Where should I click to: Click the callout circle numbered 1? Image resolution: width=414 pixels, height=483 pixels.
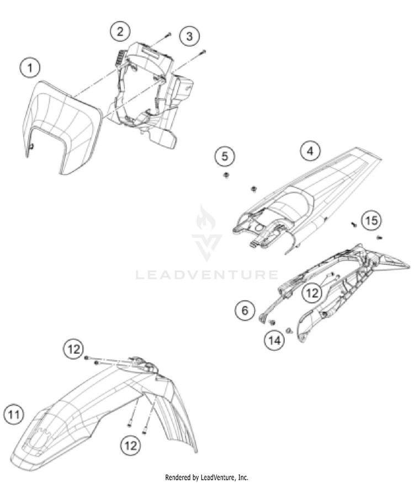tap(30, 67)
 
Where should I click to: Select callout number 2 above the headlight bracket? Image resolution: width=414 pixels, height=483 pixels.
tap(120, 31)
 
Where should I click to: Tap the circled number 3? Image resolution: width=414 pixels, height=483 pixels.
tap(189, 36)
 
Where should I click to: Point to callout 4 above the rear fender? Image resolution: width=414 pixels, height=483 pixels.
tap(310, 151)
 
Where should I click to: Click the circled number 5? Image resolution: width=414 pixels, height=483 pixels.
tap(225, 156)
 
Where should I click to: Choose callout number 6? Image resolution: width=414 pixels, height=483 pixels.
tap(245, 310)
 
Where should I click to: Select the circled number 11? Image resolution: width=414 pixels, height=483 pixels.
tap(14, 415)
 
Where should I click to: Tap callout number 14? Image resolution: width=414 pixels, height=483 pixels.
tap(274, 341)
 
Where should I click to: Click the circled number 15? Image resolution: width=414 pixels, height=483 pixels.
tap(371, 220)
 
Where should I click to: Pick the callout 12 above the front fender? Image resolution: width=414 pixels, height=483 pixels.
tap(73, 349)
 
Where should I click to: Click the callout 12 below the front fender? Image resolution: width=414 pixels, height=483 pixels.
tap(130, 445)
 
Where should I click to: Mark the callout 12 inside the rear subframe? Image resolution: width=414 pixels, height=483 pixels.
tap(312, 293)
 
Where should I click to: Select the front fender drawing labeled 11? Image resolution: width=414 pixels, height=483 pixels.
tap(102, 410)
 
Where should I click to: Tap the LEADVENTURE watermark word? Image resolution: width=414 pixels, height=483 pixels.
tap(206, 275)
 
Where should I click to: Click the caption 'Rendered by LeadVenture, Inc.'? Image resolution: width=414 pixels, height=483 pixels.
tap(206, 477)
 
